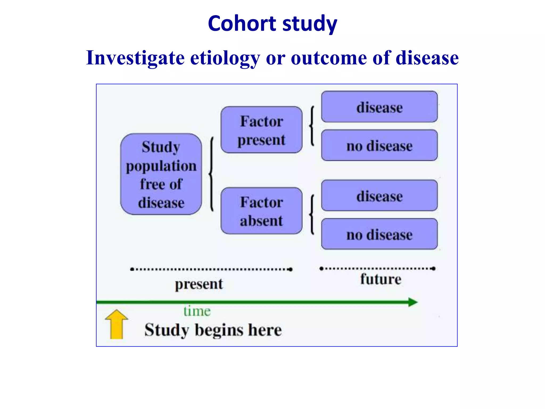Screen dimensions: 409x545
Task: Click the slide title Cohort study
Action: pos(272,23)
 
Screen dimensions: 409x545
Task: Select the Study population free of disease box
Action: pos(161,174)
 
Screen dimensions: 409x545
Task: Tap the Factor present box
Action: pos(261,130)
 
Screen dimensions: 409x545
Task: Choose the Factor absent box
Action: pos(261,211)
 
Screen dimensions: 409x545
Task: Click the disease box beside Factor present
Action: pos(379,107)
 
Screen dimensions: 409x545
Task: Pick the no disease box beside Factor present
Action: pos(379,145)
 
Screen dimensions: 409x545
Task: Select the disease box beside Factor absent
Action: pos(379,196)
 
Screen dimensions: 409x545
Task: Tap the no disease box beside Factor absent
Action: pos(379,234)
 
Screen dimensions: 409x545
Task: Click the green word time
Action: pos(197,311)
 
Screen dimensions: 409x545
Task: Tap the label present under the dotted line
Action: pos(199,284)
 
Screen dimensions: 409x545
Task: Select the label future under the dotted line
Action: pos(381,279)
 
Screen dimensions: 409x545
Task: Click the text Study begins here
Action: pos(213,330)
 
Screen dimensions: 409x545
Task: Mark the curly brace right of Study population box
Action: pos(212,174)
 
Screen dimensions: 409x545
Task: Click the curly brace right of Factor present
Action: pos(312,126)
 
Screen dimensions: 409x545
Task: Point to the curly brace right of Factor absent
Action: pos(312,214)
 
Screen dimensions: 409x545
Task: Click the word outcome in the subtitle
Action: pos(329,58)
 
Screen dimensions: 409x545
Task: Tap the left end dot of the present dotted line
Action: pos(132,269)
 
